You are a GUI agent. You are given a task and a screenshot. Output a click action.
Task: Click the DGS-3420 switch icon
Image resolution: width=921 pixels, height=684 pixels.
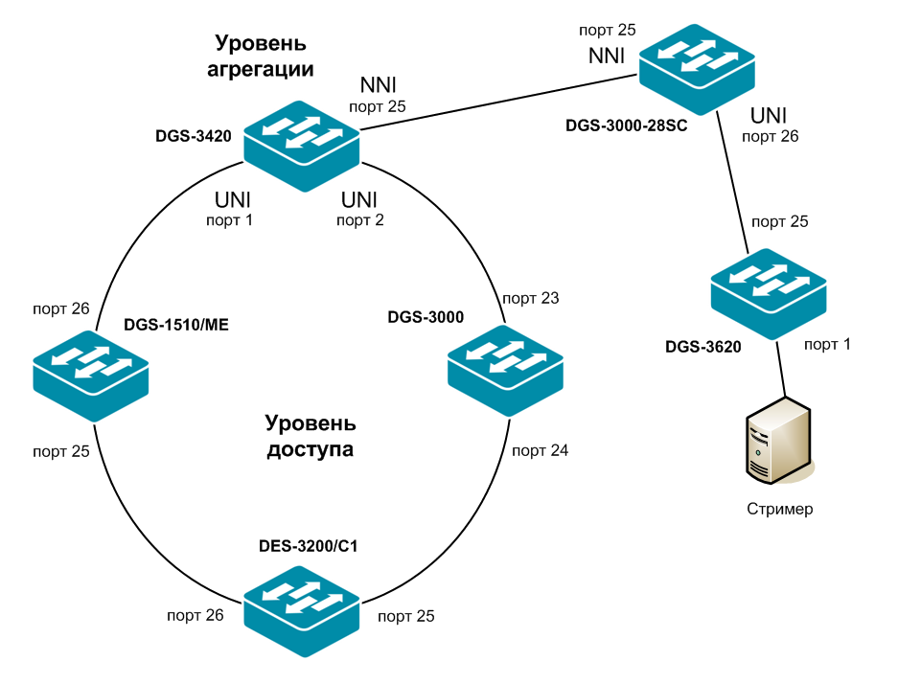click(x=301, y=147)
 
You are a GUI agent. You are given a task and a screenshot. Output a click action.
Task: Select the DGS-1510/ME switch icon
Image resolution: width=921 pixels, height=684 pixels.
click(x=91, y=372)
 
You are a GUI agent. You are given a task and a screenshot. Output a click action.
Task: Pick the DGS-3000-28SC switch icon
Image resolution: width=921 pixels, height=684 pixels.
click(x=697, y=70)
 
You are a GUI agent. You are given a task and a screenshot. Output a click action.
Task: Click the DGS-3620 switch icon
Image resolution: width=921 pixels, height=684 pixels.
click(x=769, y=294)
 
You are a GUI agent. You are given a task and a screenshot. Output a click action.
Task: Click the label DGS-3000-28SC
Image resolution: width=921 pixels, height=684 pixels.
click(x=627, y=125)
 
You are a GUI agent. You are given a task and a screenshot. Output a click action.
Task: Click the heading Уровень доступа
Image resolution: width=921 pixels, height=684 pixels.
click(x=310, y=436)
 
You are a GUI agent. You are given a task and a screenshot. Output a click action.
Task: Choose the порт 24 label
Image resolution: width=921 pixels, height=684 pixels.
click(x=540, y=449)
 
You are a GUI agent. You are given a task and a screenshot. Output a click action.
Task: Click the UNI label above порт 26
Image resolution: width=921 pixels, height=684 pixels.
click(x=770, y=115)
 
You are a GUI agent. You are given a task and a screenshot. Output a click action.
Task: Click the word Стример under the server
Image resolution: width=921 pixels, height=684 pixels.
click(x=780, y=509)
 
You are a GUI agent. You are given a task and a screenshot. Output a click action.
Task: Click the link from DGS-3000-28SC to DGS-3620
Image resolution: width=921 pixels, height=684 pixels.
click(x=733, y=182)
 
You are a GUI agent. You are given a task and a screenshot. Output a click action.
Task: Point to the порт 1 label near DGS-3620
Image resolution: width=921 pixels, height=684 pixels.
click(x=827, y=344)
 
